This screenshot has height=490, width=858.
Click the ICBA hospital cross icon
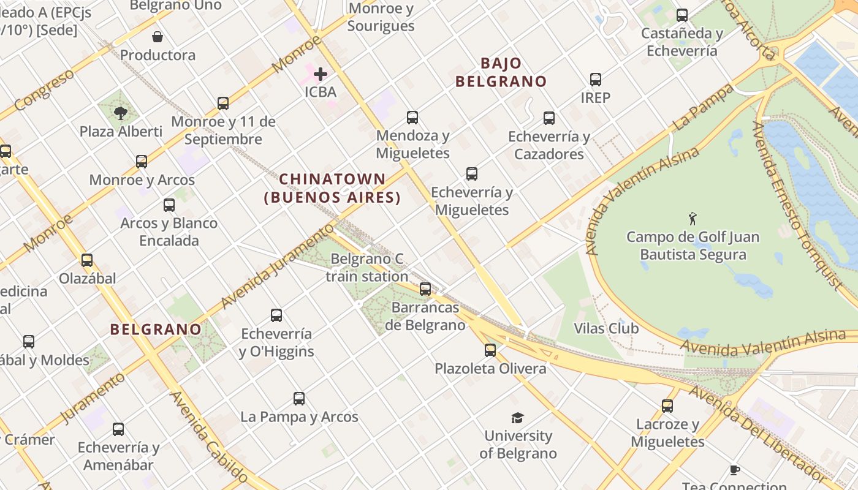tap(320, 75)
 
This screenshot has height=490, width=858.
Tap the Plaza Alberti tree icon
tap(121, 113)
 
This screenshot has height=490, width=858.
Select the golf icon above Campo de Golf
tap(693, 219)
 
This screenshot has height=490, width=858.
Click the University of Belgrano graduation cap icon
tap(518, 418)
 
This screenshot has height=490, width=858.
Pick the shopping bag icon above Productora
tap(158, 37)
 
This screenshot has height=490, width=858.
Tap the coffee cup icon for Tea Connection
tap(734, 470)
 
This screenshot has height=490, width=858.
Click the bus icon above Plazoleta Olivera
tap(490, 350)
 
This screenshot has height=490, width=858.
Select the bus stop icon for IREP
tap(596, 79)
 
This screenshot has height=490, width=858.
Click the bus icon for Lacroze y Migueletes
tap(667, 405)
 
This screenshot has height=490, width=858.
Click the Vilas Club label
tap(606, 328)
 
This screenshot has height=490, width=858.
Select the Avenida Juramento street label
tap(275, 266)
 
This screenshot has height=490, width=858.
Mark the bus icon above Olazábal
tap(87, 260)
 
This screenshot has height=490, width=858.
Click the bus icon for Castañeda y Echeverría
tap(681, 15)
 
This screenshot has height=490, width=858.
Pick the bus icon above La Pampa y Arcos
tap(299, 399)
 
